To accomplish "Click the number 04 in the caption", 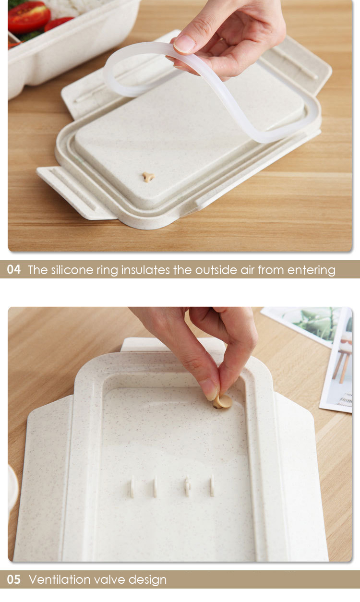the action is [14, 270].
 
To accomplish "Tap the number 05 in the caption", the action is [14, 579].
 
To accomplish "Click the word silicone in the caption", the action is [72, 270].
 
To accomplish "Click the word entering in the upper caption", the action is [311, 270].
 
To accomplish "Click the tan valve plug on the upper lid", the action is [148, 177].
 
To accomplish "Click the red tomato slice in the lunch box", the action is [29, 17].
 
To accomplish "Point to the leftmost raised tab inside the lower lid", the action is [132, 487].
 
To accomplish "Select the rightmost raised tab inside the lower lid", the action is [212, 485].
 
